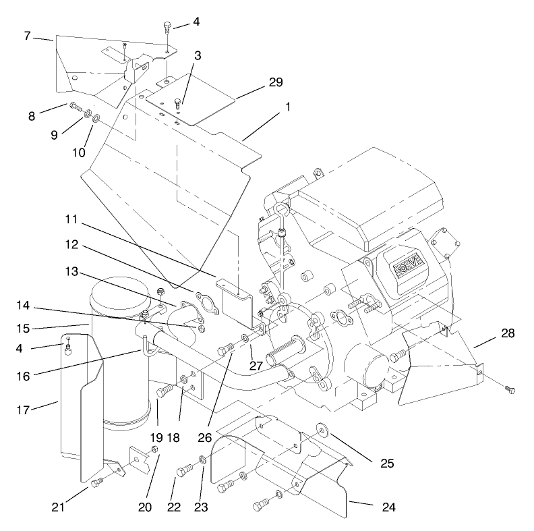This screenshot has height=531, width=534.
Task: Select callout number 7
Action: (27, 35)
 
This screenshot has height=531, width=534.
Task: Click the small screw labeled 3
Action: (179, 103)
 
